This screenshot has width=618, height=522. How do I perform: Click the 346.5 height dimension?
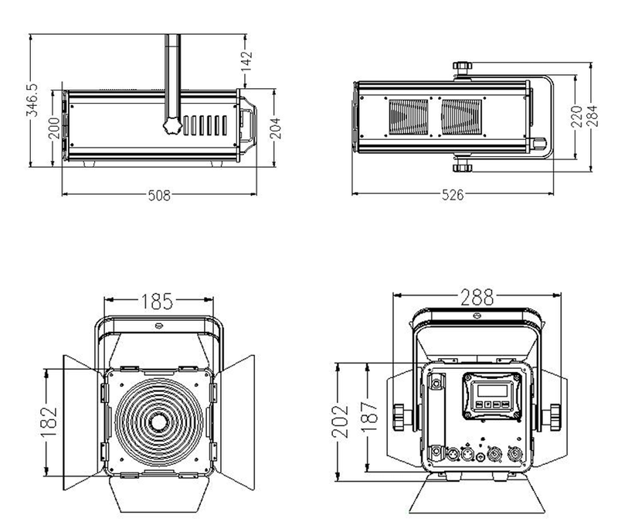32,101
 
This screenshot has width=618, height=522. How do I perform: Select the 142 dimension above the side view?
246,61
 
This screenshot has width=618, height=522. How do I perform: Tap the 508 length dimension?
159,196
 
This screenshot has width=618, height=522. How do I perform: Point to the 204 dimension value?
276,128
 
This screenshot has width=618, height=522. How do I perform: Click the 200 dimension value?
54,128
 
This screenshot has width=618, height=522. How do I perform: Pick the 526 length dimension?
453,195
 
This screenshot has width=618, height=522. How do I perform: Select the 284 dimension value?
592,116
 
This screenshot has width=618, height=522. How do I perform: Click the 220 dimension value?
576,116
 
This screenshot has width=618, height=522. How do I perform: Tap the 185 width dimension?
157,302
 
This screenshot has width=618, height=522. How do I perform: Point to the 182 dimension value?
49,421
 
